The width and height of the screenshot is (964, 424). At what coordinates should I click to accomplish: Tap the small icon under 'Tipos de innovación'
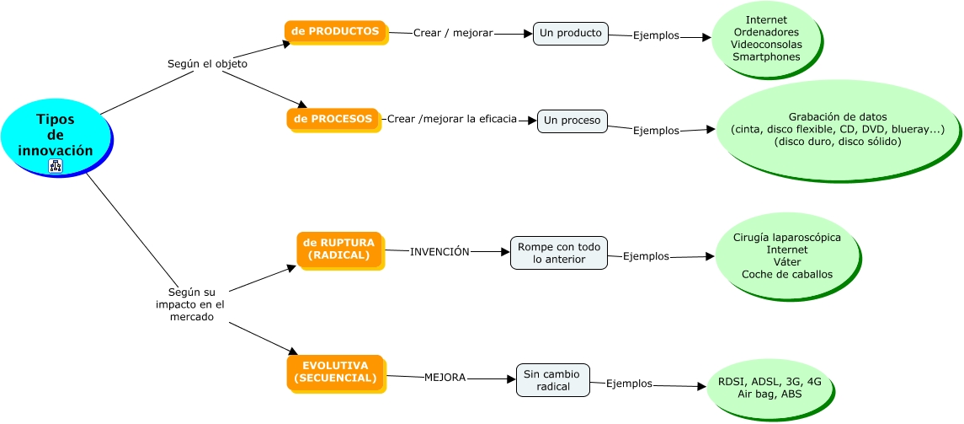(x=56, y=165)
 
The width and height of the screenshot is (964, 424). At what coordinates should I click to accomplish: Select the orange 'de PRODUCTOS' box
(x=335, y=31)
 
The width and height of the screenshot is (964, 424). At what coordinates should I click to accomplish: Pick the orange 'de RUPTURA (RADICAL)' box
(x=339, y=249)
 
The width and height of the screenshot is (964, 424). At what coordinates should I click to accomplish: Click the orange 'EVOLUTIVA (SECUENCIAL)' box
(x=335, y=372)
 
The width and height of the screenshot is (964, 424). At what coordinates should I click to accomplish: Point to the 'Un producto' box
(x=570, y=34)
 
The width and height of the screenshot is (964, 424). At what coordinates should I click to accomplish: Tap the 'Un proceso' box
(x=572, y=121)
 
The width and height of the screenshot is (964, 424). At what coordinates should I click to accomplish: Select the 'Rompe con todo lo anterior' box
(x=559, y=253)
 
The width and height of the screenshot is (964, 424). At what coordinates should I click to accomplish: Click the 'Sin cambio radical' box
(x=552, y=380)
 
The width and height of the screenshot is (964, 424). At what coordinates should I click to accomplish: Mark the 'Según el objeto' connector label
(x=207, y=63)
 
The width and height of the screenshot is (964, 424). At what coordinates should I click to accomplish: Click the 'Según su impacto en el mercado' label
(x=190, y=304)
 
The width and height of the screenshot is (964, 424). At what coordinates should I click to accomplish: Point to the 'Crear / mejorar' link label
(x=452, y=33)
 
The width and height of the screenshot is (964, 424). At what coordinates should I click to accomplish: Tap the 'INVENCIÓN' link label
(x=439, y=251)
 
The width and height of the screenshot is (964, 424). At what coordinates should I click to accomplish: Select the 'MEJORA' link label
(x=445, y=378)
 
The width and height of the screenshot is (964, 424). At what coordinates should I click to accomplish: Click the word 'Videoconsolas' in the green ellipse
(x=766, y=44)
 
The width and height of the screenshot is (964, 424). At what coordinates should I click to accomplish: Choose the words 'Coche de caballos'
(x=786, y=274)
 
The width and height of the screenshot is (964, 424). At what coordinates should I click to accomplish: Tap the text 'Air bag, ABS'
(x=770, y=394)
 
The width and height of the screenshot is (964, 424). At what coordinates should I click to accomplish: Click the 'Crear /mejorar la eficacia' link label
(x=451, y=119)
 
